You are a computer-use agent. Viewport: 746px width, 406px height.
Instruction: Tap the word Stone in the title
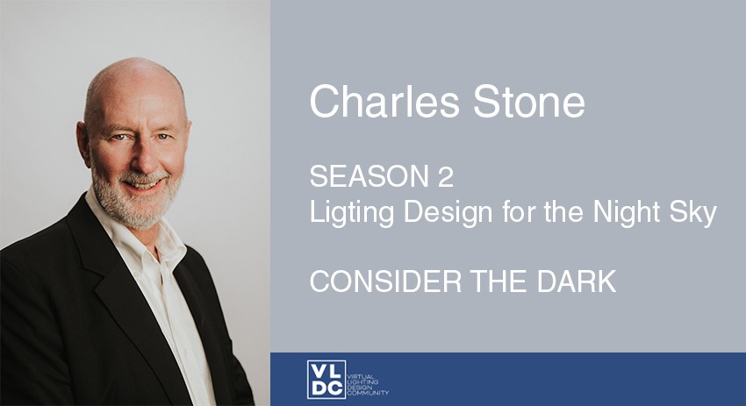tap(529, 101)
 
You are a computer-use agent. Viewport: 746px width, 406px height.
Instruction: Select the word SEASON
tap(369, 176)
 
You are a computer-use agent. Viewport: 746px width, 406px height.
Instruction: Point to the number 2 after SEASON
tap(446, 176)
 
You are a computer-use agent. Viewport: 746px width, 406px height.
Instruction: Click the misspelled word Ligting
tap(352, 212)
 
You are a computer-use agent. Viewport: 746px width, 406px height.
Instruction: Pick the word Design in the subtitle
tap(448, 212)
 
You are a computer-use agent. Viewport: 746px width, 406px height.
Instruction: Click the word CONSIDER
tap(386, 281)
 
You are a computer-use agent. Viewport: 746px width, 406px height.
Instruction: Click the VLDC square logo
tap(326, 380)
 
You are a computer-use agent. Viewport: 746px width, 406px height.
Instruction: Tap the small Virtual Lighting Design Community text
tap(369, 385)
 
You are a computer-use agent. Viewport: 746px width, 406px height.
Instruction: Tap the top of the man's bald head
tap(134, 67)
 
